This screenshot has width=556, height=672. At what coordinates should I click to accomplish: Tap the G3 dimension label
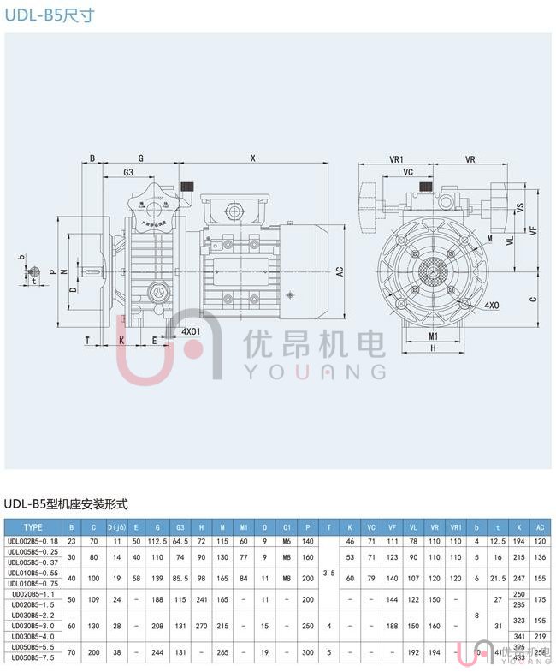(127, 173)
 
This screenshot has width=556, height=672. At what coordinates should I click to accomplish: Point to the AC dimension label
(340, 271)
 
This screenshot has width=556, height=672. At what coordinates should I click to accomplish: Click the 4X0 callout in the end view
(492, 305)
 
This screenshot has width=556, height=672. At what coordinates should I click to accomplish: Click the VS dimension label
(519, 208)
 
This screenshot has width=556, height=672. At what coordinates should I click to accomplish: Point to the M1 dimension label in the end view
(434, 336)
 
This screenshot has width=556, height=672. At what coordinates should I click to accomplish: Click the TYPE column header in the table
(33, 527)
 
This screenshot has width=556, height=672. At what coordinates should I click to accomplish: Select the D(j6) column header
(117, 527)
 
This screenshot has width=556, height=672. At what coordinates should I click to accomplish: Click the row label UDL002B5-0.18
(33, 541)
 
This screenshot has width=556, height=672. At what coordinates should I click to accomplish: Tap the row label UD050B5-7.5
(33, 657)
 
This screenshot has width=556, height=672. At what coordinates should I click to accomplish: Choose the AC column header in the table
(539, 527)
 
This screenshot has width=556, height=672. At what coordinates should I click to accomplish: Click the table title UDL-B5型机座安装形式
(67, 504)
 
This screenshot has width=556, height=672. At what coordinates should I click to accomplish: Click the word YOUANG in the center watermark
(316, 371)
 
